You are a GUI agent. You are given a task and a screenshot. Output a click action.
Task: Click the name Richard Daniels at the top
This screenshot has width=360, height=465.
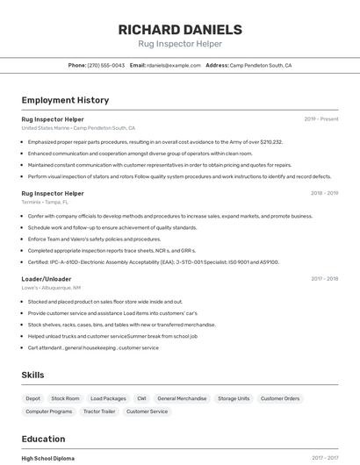(x=179, y=30)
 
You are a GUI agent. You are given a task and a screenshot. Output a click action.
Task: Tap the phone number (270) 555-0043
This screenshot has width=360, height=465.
(x=106, y=65)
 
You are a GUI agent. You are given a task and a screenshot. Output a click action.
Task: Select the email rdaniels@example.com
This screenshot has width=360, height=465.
(x=174, y=65)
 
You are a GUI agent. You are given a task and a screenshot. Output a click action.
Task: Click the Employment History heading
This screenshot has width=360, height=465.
(x=65, y=100)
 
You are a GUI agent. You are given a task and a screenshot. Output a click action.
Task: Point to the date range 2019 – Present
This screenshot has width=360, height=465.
(x=321, y=118)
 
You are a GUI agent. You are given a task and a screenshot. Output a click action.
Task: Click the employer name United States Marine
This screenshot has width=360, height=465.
(x=45, y=128)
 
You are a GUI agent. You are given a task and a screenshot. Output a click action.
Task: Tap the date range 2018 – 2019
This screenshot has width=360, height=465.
(x=324, y=193)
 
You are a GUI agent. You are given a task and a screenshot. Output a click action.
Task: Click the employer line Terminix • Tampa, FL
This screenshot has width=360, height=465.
(x=45, y=202)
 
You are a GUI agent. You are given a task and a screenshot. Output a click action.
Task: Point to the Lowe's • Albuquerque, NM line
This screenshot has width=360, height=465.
(x=51, y=288)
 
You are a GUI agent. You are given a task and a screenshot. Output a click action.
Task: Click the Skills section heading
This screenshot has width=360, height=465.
(x=32, y=375)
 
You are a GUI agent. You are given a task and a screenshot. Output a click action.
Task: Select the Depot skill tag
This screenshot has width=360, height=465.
(x=32, y=398)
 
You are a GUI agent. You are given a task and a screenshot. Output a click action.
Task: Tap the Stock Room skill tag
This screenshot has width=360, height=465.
(x=65, y=398)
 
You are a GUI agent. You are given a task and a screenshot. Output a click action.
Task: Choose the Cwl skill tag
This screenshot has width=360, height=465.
(x=141, y=398)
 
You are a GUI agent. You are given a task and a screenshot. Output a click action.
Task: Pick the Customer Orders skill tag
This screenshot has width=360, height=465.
(x=280, y=398)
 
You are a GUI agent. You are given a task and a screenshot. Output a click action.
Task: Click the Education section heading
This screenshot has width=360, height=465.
(x=43, y=439)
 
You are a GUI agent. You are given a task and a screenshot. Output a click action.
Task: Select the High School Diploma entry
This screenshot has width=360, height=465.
(x=47, y=458)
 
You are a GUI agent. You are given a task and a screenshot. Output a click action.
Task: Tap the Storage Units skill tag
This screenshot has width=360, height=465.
(x=234, y=398)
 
